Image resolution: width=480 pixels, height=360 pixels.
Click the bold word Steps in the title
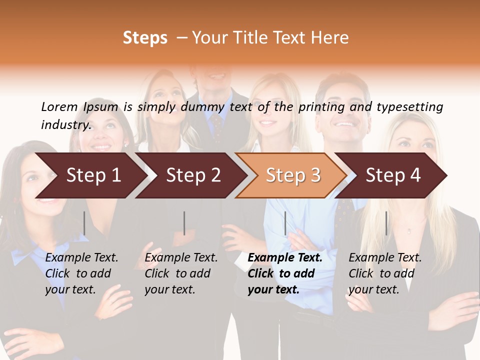click(145, 38)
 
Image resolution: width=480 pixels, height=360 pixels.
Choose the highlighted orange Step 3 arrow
click(293, 175)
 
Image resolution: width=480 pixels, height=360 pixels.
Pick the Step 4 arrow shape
click(393, 175)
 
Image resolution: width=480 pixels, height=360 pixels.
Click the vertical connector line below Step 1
click(84, 223)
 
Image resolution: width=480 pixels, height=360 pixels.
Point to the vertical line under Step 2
click(184, 223)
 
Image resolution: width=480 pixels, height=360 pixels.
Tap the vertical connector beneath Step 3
click(285, 223)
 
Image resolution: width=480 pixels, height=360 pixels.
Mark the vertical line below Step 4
click(386, 223)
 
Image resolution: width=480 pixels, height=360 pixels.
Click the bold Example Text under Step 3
click(285, 258)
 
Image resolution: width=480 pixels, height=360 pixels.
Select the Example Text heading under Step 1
click(81, 258)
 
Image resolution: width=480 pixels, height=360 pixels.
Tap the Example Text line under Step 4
click(385, 258)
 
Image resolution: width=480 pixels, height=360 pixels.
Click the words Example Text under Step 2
click(181, 258)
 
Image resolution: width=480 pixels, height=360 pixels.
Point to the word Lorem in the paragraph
click(59, 107)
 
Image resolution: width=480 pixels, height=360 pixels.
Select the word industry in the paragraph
click(65, 125)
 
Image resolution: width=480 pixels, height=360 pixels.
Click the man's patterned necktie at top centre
click(217, 122)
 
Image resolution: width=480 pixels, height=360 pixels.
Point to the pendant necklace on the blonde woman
click(409, 231)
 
